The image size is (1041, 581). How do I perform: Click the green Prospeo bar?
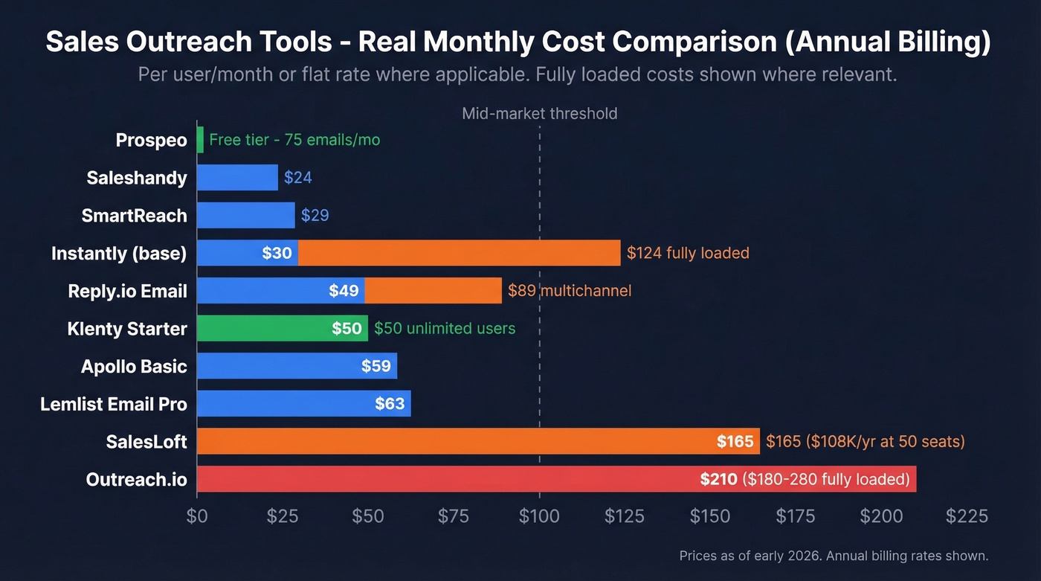(200, 140)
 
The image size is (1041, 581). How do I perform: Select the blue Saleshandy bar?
(237, 178)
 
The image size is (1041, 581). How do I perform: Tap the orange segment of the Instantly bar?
(459, 253)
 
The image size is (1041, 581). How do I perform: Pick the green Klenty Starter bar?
(282, 328)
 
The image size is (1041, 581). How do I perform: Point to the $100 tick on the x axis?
(539, 516)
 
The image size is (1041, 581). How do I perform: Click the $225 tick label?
(967, 516)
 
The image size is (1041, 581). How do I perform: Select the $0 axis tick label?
(197, 516)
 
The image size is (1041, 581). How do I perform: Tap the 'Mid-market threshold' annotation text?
(539, 114)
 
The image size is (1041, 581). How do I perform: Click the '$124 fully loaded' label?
(688, 253)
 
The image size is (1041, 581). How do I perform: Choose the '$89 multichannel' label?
(570, 290)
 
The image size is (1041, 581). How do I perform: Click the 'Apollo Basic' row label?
(134, 366)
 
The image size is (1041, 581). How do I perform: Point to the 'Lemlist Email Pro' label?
(114, 404)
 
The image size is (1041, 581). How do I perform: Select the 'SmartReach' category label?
(134, 215)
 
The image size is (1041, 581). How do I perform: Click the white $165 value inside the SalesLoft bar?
(735, 442)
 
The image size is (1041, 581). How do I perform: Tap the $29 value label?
(315, 216)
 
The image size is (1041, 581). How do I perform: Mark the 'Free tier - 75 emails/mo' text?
(294, 140)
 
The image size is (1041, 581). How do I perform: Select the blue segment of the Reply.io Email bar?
(280, 290)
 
